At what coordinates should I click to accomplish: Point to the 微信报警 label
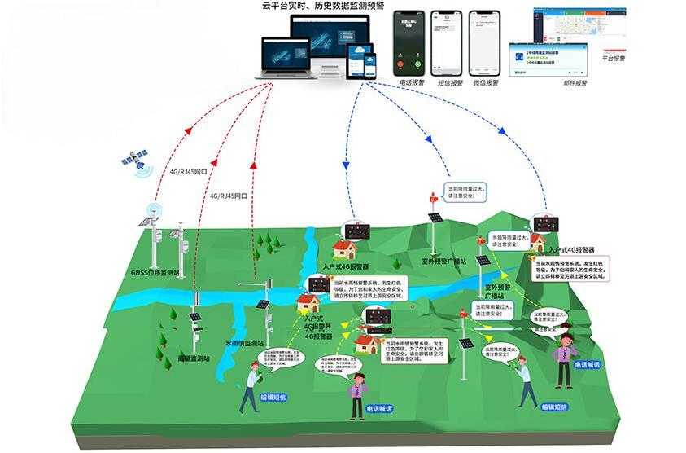coord(487,82)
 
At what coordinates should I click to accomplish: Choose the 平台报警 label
coord(614,59)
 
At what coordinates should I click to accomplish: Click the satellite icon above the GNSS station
coord(136,161)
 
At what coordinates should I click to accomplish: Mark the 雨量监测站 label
coord(194,357)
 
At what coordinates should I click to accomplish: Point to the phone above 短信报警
coord(447,42)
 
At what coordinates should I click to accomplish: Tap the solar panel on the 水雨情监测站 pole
coord(263,305)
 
